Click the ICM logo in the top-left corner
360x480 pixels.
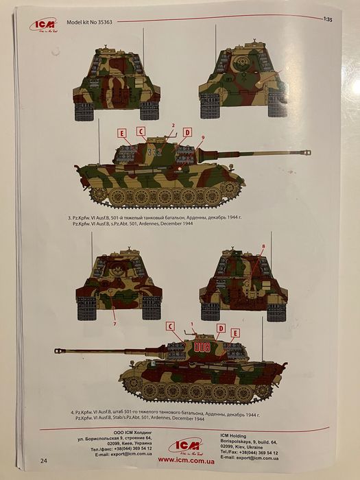[43, 26]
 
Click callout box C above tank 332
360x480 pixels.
[141, 131]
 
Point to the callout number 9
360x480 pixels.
[202, 139]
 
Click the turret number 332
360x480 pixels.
[154, 154]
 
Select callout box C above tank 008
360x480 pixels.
[171, 326]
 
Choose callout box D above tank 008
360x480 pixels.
[221, 328]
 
